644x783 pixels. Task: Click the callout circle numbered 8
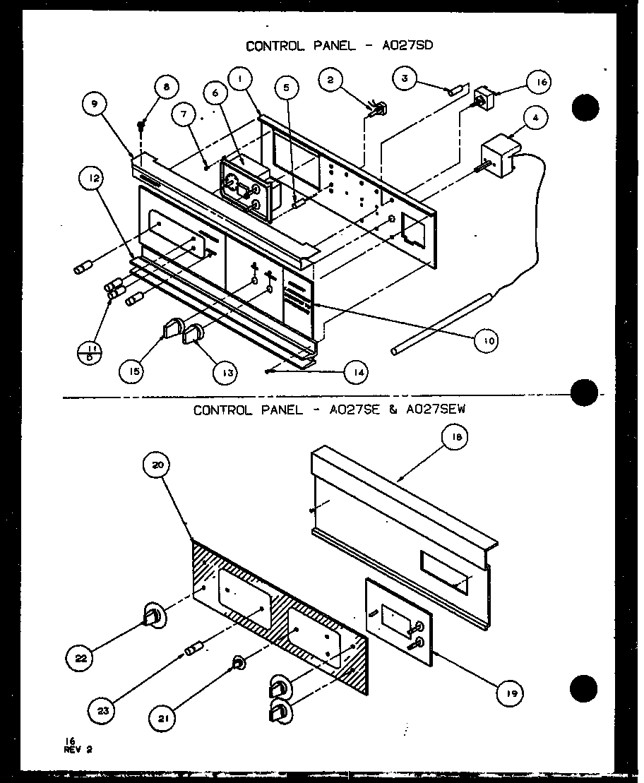point(167,88)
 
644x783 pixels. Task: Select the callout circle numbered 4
point(536,118)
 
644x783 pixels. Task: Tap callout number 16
point(540,83)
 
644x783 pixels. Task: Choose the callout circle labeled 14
point(357,371)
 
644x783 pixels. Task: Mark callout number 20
point(157,465)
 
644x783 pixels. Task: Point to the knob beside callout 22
point(155,616)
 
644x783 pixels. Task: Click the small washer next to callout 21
point(239,662)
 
